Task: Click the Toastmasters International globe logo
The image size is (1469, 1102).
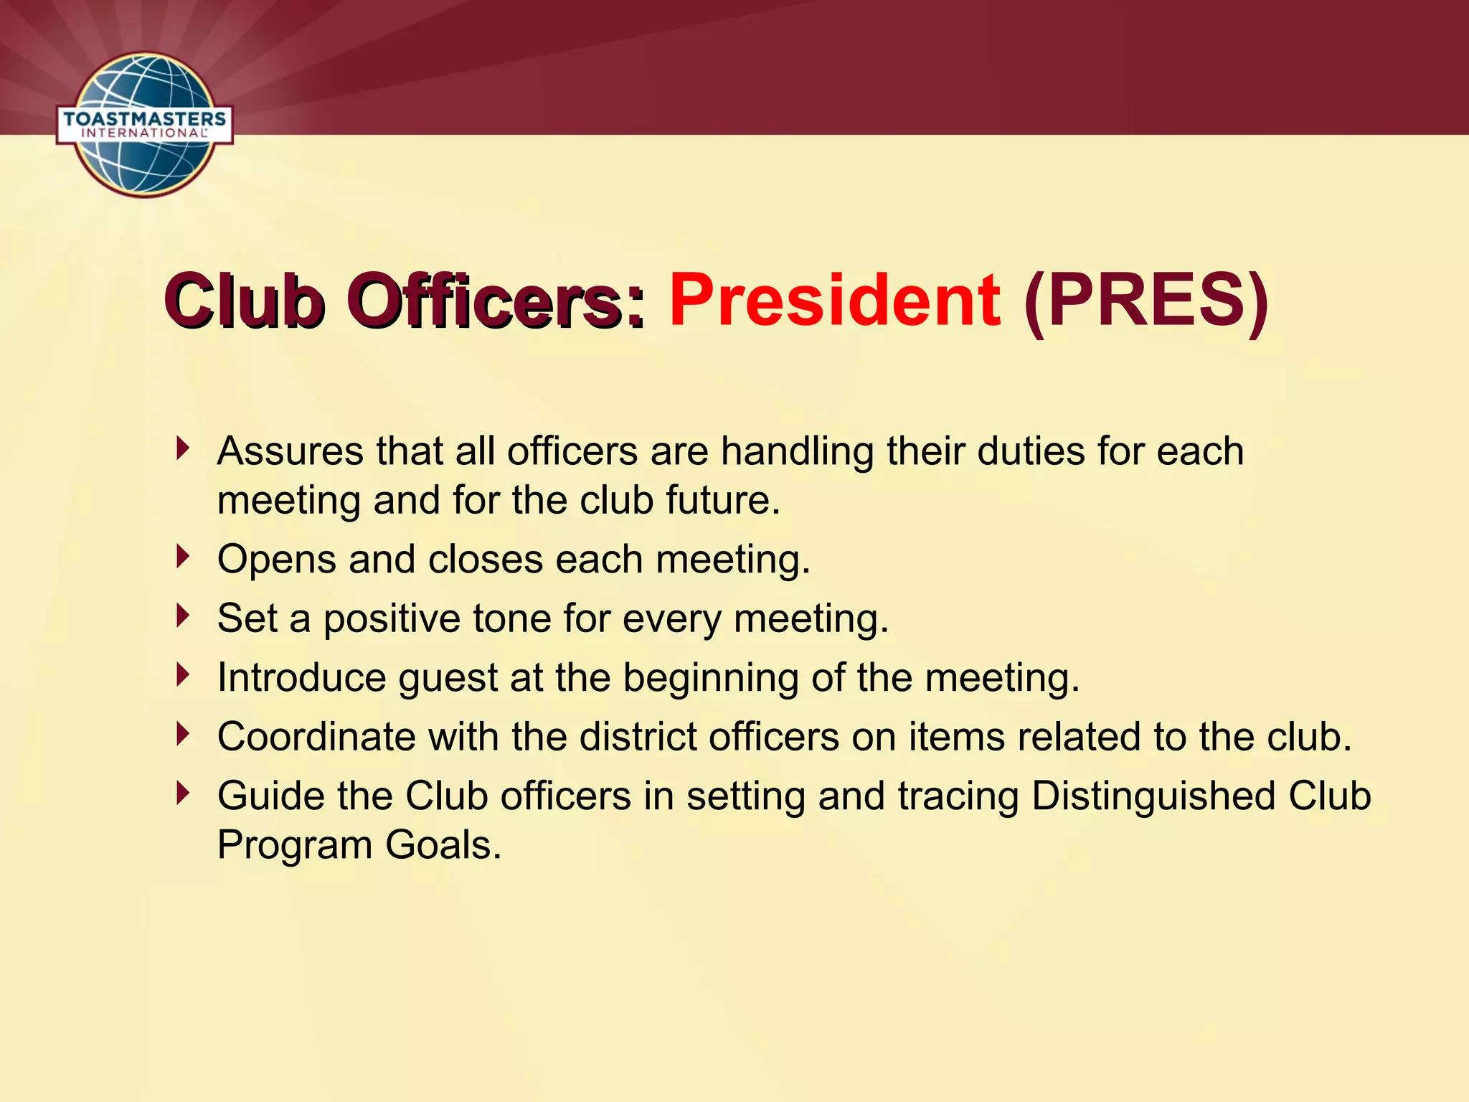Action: (144, 125)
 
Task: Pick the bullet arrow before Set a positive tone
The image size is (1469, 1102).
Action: (184, 615)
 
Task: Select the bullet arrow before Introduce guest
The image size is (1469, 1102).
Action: (184, 674)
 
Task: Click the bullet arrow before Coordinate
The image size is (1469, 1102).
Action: (184, 733)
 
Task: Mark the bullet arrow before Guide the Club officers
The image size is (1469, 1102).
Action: (184, 793)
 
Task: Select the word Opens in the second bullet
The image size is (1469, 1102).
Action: (276, 560)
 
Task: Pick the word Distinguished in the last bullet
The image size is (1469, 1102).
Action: (1153, 796)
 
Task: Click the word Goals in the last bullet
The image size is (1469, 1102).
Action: (442, 845)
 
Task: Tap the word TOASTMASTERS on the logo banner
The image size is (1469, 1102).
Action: (145, 118)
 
